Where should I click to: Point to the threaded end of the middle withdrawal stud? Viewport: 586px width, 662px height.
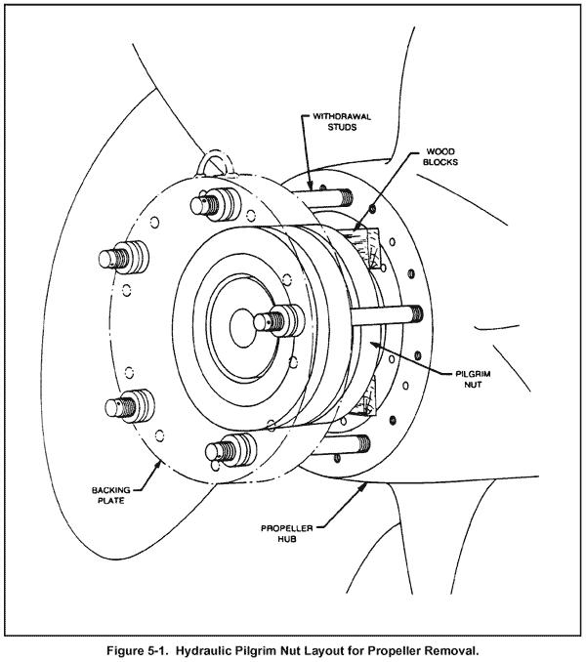tap(414, 314)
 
